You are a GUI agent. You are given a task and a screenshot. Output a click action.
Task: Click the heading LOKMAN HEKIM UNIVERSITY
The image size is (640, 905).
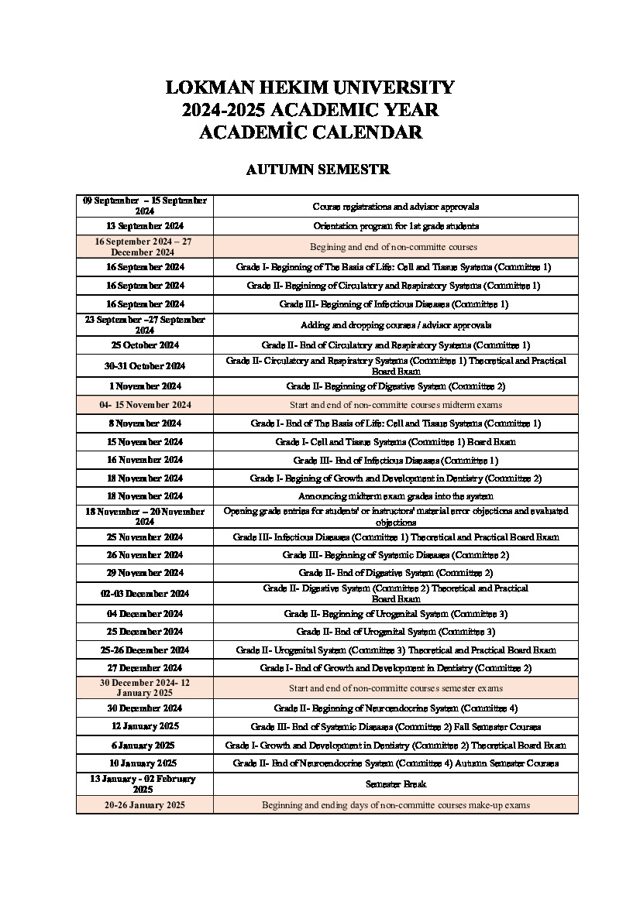310,87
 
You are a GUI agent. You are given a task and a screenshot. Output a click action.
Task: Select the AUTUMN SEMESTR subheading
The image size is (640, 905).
318,170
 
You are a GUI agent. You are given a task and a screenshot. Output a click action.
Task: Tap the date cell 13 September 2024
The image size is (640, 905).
145,226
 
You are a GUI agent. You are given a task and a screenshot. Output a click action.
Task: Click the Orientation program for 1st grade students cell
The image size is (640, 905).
395,226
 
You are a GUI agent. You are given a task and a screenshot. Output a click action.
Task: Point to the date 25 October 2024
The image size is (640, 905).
145,345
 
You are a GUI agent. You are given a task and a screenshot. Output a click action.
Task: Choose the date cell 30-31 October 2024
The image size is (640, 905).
145,365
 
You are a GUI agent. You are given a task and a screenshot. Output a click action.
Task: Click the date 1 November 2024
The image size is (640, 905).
145,386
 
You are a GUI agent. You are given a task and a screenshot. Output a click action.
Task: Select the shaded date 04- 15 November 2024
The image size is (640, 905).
145,405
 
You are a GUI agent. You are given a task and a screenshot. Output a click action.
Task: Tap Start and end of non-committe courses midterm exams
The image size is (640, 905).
395,405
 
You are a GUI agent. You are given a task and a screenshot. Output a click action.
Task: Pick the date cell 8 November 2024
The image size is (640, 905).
145,423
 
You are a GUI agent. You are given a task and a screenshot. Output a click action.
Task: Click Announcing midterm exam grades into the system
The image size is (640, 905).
395,496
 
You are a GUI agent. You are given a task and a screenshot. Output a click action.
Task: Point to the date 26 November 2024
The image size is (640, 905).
145,555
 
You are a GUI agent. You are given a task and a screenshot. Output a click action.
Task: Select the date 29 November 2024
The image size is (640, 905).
145,573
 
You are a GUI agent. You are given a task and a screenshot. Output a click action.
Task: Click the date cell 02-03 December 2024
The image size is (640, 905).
145,594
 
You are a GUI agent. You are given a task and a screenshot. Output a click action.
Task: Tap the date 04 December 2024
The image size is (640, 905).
145,614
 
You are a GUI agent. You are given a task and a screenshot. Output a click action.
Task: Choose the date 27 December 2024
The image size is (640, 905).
145,668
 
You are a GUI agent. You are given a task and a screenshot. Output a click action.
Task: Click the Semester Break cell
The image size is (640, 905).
395,784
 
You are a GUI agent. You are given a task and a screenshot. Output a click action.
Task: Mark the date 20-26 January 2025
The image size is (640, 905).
145,805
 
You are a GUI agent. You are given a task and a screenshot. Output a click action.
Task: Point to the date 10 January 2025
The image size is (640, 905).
145,763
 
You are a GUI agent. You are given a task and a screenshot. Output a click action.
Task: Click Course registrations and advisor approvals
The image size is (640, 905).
395,207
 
